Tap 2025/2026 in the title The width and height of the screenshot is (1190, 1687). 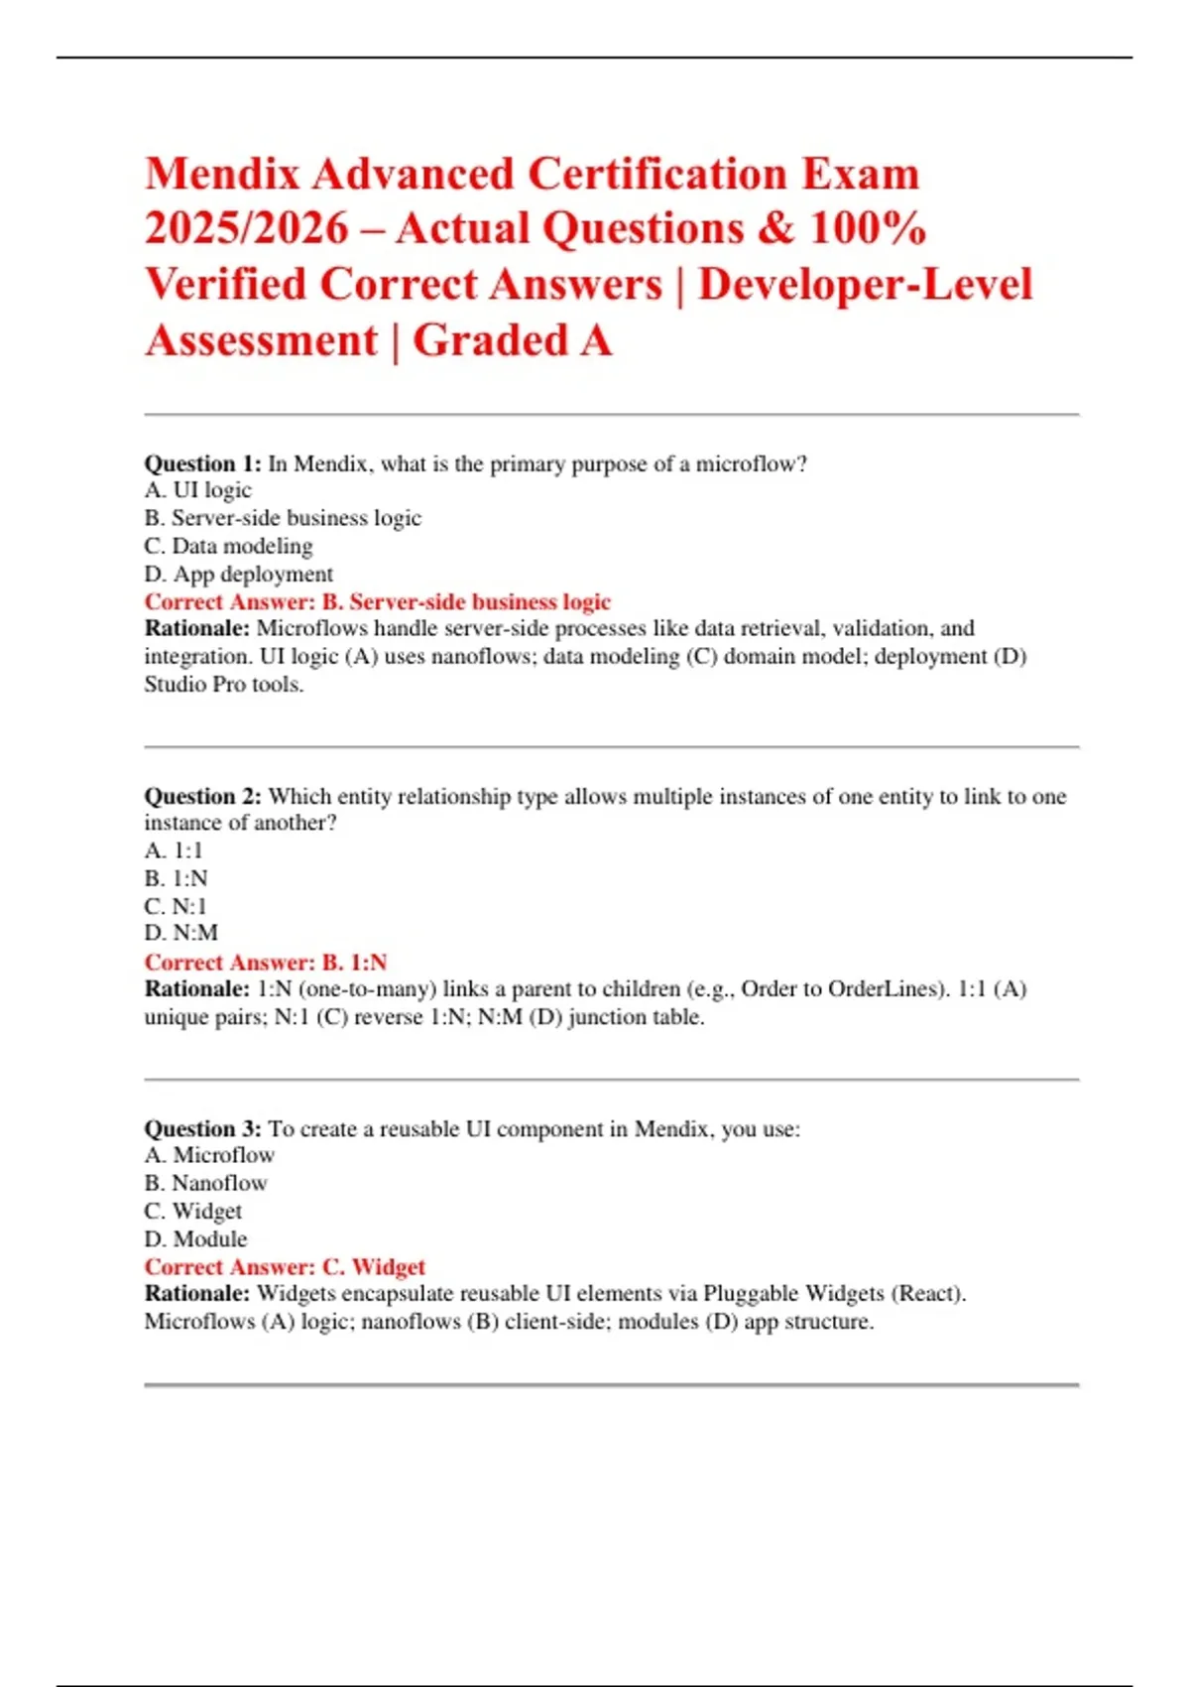247,229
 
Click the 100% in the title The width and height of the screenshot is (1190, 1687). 868,229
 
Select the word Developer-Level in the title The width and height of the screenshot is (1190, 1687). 865,285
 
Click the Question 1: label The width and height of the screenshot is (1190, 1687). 202,463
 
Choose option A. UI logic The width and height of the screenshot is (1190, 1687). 197,490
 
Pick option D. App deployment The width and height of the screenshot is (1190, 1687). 238,574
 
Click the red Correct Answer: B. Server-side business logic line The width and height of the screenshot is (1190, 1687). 377,601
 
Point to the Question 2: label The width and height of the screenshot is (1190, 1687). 202,796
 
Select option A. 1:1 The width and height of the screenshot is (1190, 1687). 174,850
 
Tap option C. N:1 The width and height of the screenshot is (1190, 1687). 176,906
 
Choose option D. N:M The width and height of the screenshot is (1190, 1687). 180,933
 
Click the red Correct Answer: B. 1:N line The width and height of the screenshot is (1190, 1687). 266,962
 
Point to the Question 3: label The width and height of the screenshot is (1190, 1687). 202,1128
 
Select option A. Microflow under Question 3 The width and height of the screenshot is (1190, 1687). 209,1155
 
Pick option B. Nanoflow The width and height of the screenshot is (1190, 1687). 205,1183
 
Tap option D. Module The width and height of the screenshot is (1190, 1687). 195,1238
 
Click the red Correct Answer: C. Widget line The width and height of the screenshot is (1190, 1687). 285,1266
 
